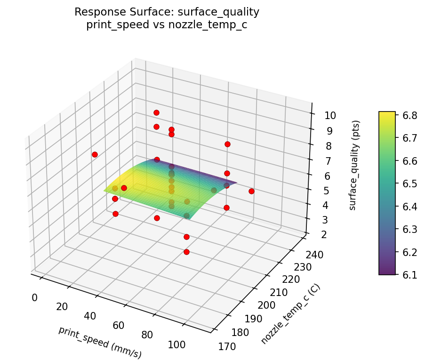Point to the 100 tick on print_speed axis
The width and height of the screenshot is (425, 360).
(176, 344)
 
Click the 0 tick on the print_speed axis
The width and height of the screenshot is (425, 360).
(34, 297)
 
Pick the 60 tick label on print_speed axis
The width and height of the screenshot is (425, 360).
(118, 325)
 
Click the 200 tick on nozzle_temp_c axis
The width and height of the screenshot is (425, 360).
(266, 305)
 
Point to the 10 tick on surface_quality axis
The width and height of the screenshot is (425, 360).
(323, 116)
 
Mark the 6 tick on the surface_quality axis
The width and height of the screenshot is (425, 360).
(320, 176)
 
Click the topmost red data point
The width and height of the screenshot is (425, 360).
(156, 112)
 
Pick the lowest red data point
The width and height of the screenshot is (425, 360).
(186, 252)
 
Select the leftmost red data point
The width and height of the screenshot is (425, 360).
(95, 154)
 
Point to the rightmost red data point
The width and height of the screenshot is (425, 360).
(251, 191)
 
